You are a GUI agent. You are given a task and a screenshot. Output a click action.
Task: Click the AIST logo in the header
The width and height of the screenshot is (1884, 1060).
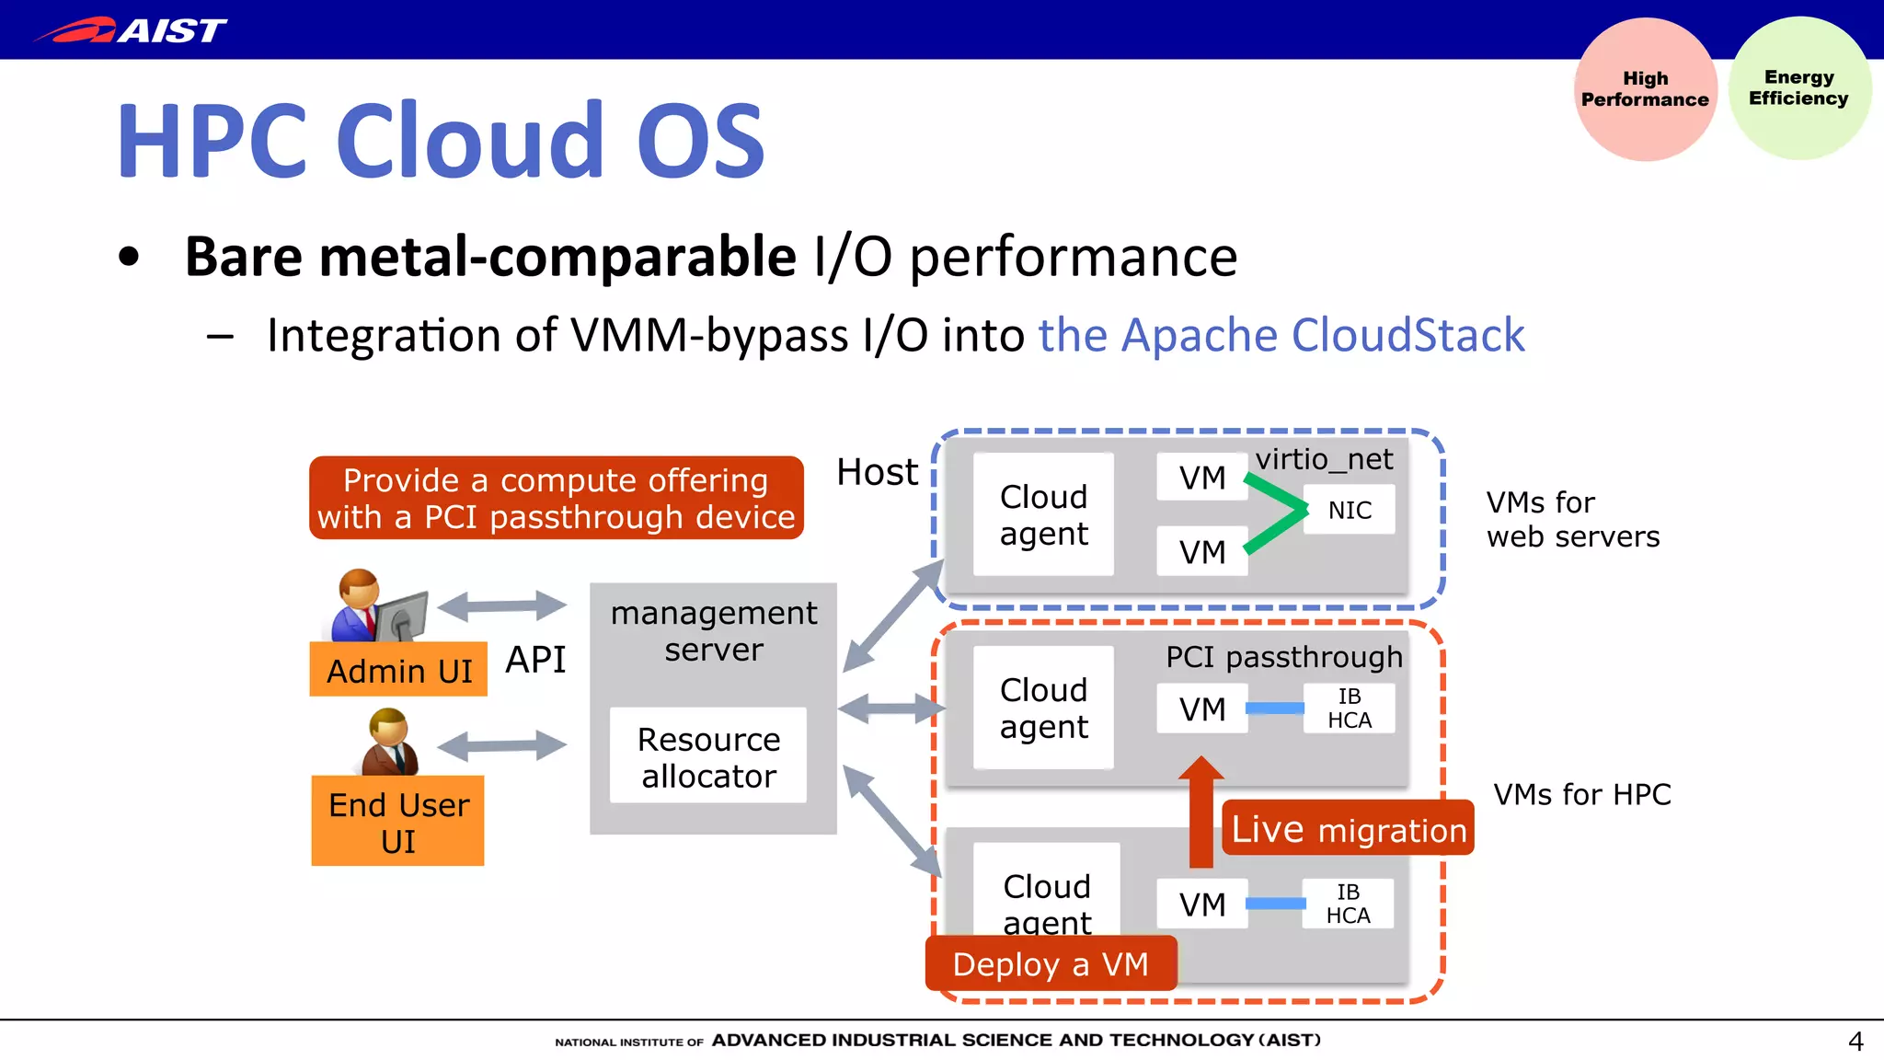131,30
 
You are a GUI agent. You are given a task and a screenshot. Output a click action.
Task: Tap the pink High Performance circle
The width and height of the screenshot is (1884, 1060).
1645,89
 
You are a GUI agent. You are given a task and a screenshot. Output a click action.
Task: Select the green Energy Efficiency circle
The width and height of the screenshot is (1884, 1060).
1799,88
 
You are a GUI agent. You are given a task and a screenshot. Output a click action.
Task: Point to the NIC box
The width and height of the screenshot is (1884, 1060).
1349,510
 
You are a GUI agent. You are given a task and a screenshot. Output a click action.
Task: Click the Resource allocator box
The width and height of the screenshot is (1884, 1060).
708,756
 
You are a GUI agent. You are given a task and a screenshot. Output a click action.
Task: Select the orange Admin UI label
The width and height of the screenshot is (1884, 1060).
398,670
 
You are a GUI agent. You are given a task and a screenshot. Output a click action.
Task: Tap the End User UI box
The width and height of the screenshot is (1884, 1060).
397,821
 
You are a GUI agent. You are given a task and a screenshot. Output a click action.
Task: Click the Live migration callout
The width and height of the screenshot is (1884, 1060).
1348,829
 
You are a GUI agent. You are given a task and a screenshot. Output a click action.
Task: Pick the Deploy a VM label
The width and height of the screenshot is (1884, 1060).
1051,963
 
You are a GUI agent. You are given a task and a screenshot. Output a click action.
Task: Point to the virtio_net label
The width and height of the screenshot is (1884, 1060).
1324,458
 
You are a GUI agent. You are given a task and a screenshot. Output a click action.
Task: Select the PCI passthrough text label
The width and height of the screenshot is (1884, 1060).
1283,657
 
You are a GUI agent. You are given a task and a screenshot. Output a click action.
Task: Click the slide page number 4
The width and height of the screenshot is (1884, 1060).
1855,1041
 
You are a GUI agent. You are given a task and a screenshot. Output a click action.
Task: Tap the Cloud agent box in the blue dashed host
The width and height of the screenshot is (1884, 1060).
1043,515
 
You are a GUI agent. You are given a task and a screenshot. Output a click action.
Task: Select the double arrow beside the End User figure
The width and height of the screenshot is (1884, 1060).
502,744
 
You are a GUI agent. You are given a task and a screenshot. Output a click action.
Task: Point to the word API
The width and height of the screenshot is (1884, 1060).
535,660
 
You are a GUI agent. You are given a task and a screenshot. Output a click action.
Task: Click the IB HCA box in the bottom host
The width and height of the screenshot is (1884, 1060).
1348,904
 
